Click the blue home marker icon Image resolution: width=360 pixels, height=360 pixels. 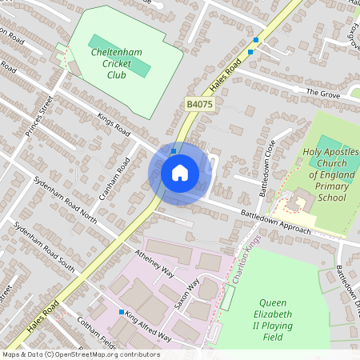180,173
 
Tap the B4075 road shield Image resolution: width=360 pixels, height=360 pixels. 199,104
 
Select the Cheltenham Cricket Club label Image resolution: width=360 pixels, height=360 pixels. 117,63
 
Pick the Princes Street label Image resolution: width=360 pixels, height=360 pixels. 38,117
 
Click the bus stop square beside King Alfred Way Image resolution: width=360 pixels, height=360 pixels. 122,311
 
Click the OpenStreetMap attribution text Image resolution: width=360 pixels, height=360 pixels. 80,354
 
